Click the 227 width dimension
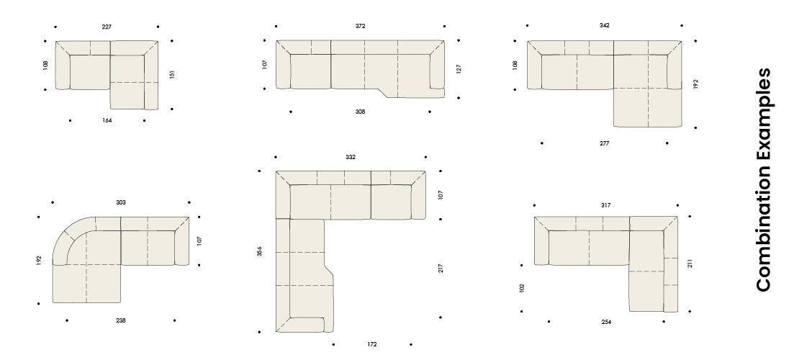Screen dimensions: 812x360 (106, 27)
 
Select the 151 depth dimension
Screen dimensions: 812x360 (172, 75)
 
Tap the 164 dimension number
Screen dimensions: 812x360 (107, 121)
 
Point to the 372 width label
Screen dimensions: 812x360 (360, 26)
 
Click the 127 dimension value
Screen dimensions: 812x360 (459, 69)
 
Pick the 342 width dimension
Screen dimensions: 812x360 (605, 25)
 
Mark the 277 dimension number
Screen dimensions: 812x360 (605, 143)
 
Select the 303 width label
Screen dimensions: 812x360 (121, 202)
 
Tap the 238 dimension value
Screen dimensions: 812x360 (121, 320)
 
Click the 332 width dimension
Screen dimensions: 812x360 (351, 157)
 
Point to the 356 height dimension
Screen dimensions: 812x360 (259, 251)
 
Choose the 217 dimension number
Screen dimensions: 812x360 (441, 269)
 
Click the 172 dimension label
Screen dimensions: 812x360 (372, 344)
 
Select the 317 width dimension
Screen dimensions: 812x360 (605, 206)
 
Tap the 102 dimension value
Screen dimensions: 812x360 (521, 288)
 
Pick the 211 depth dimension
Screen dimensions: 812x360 (690, 264)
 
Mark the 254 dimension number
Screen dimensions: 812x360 (606, 322)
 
